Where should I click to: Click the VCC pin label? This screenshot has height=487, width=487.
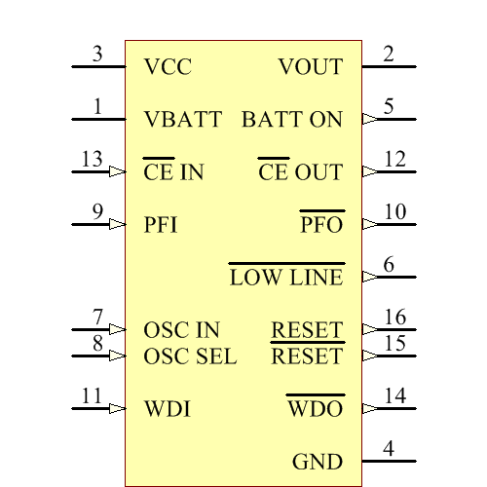tap(168, 67)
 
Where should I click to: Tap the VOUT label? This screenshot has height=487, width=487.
tap(311, 67)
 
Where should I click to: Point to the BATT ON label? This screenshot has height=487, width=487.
tap(292, 120)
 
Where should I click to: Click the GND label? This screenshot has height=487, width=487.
tap(318, 462)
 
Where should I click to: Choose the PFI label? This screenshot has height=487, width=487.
tap(160, 225)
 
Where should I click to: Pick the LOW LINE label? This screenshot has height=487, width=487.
tap(286, 278)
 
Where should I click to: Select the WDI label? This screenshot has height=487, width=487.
tap(167, 409)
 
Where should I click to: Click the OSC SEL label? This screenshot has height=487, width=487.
tap(190, 356)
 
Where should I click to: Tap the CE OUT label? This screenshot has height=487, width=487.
tap(301, 172)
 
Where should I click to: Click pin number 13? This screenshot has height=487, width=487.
tap(92, 160)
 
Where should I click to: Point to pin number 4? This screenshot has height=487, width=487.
tap(389, 449)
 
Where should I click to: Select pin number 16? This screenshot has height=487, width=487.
tap(394, 318)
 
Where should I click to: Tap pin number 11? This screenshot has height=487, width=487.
tap(92, 396)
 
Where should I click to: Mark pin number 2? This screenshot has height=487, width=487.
tap(389, 55)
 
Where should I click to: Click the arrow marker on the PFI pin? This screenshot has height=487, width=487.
tap(118, 224)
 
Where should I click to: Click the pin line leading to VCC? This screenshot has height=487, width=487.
tap(98, 67)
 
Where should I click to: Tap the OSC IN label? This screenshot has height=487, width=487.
tap(181, 330)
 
